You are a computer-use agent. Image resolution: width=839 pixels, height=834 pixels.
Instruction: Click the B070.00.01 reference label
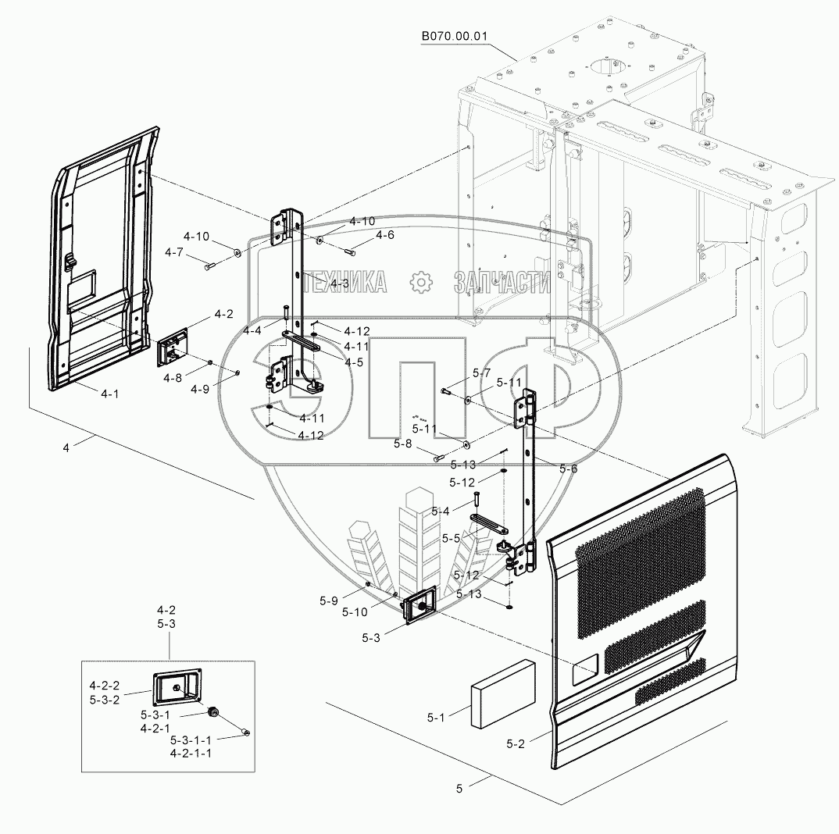click(x=455, y=36)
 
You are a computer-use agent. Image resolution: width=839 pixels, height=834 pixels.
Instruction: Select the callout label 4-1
click(x=109, y=394)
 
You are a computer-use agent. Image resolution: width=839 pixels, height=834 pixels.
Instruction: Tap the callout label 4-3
click(x=339, y=283)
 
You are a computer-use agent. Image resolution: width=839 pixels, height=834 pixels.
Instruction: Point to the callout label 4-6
click(x=385, y=235)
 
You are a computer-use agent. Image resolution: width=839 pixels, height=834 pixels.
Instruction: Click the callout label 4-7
click(x=173, y=252)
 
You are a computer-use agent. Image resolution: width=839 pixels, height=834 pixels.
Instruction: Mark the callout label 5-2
click(x=515, y=744)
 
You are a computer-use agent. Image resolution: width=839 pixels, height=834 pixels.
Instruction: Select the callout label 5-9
click(x=328, y=601)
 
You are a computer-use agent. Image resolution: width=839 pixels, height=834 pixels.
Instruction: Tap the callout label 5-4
click(x=441, y=511)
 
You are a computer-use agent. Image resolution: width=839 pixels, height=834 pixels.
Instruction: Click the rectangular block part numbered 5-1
click(x=502, y=693)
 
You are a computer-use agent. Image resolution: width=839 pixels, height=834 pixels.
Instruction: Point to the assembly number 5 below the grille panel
click(x=460, y=789)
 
